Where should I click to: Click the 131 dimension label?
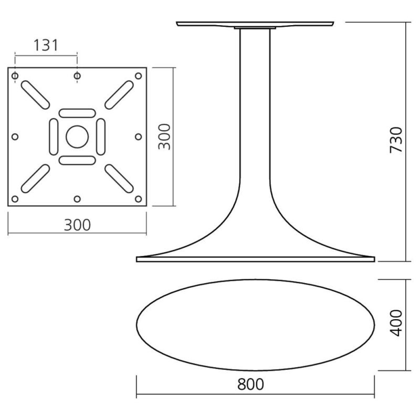(46, 45)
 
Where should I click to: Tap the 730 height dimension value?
(396, 140)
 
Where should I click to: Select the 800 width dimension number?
(250, 384)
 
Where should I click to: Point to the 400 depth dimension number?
(396, 323)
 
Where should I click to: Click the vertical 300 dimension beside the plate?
(164, 136)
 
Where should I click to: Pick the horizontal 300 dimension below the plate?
(77, 225)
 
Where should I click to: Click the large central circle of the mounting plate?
(77, 136)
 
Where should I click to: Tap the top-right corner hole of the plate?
(138, 76)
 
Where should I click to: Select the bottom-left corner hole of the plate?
(15, 199)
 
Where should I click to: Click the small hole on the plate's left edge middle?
(15, 137)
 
